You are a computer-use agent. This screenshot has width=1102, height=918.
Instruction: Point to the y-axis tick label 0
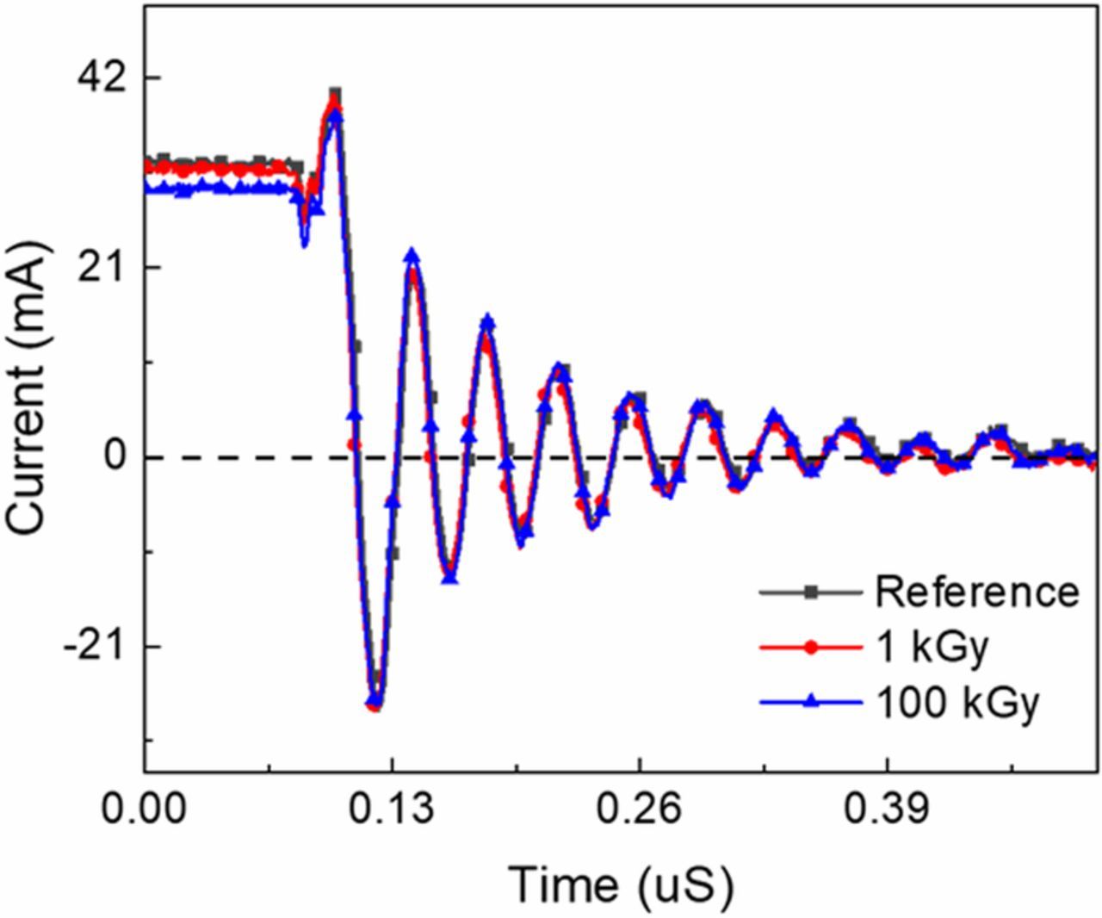115,456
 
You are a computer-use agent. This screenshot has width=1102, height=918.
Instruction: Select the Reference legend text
976,592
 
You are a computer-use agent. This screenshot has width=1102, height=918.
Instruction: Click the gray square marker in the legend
809,592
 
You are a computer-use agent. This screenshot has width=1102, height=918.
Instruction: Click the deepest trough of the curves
375,704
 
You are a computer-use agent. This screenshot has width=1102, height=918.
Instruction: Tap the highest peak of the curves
335,95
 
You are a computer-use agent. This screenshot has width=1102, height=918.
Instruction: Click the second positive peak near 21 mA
413,256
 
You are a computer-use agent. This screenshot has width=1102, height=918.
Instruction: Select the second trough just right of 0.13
449,578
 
